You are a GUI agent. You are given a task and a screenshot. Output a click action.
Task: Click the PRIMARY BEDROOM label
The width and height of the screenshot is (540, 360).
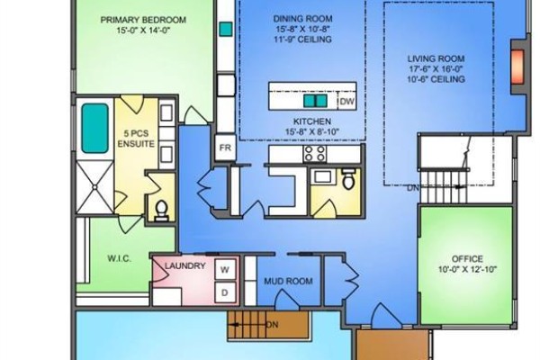click(143, 20)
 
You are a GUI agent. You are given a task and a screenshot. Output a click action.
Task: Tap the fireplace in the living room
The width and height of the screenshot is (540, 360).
click(517, 67)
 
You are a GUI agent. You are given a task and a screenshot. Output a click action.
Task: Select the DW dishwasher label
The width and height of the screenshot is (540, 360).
click(346, 102)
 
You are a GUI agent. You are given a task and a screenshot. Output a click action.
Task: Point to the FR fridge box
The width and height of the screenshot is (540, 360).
click(225, 148)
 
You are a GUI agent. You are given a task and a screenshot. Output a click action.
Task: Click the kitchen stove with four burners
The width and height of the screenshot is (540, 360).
click(315, 153)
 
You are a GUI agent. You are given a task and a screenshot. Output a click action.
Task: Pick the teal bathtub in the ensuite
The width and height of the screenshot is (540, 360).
click(94, 128)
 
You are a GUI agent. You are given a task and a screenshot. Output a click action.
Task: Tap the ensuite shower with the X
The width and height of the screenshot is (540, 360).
click(94, 187)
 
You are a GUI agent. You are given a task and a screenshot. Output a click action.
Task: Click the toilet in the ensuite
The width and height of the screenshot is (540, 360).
click(161, 210)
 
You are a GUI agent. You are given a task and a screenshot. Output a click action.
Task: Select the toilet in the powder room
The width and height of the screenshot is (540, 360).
click(348, 179)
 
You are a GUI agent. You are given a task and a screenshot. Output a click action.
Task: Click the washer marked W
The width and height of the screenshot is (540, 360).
click(225, 269)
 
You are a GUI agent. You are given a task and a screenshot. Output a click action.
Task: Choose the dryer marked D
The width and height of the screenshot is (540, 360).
click(225, 292)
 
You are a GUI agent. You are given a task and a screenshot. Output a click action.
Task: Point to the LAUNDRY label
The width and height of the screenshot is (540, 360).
click(184, 266)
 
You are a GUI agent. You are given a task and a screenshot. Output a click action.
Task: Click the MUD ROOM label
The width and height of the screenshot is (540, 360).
click(288, 281)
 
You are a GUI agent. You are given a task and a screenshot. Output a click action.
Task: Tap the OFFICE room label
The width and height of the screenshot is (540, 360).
click(467, 258)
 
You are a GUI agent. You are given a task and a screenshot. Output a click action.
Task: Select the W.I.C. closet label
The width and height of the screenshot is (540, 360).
click(119, 258)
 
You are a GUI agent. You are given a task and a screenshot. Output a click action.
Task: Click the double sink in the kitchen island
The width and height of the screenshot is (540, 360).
click(315, 101)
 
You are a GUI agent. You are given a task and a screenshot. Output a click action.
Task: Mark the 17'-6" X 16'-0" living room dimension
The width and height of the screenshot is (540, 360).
click(436, 69)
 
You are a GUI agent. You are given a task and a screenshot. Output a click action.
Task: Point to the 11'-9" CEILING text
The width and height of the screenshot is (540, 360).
click(302, 40)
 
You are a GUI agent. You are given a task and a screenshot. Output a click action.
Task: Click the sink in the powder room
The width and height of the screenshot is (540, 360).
click(321, 176)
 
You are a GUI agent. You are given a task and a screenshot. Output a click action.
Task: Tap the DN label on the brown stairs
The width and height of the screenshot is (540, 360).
click(272, 325)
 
